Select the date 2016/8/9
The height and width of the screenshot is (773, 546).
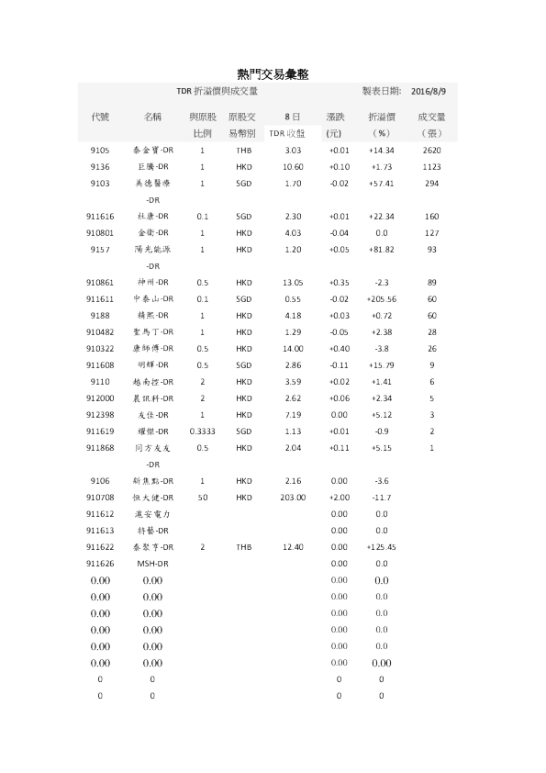pyautogui.click(x=428, y=92)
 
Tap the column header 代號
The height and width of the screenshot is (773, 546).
pyautogui.click(x=100, y=118)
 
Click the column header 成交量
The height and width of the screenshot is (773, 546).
pyautogui.click(x=431, y=118)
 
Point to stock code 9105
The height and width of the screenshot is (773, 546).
pyautogui.click(x=100, y=150)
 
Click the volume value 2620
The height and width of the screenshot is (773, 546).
pyautogui.click(x=431, y=150)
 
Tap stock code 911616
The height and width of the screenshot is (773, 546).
pyautogui.click(x=100, y=216)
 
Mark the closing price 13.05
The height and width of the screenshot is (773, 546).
pyautogui.click(x=293, y=282)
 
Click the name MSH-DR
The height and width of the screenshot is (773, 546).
pyautogui.click(x=151, y=563)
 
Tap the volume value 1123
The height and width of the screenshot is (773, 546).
pyautogui.click(x=431, y=166)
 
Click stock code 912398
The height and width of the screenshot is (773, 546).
pyautogui.click(x=100, y=414)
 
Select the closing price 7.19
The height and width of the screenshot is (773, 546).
pyautogui.click(x=293, y=414)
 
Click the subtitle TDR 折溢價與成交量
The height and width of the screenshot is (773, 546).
pyautogui.click(x=217, y=92)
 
